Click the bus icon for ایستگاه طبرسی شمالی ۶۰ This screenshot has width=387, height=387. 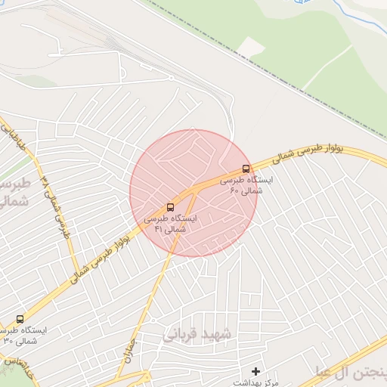pos(246,169)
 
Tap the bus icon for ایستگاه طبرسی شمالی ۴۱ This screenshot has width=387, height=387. pos(169,206)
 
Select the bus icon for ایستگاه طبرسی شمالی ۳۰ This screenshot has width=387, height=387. pos(19,319)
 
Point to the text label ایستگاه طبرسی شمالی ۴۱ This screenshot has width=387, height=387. pos(170,223)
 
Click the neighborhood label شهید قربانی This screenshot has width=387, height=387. pos(200,334)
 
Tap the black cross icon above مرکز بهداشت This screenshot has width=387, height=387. pos(255,371)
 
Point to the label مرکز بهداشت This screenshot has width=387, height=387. pos(257,382)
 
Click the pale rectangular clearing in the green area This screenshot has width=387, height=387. pos(252,47)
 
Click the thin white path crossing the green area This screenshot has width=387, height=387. pos(325,68)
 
